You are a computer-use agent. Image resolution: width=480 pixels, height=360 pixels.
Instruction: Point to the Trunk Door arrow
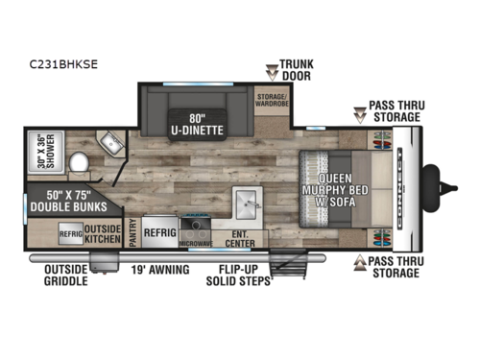[272, 70]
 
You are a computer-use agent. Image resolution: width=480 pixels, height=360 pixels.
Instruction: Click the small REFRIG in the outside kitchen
[72, 231]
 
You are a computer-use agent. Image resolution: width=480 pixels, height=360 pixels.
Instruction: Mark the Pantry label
[131, 231]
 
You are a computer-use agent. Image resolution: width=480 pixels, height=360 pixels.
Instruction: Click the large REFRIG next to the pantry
[158, 231]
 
